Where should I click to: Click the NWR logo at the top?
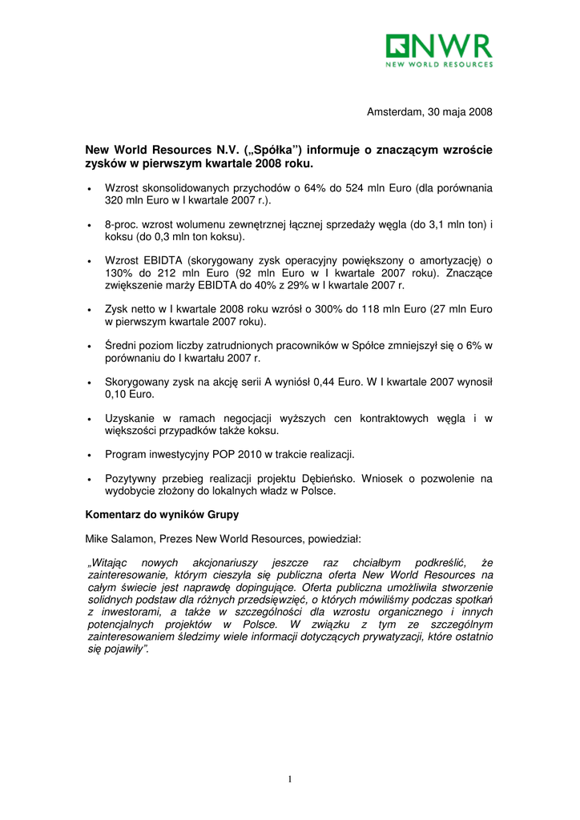click(x=439, y=50)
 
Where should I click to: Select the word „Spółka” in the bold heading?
click(x=277, y=151)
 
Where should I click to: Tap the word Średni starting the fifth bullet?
click(x=122, y=346)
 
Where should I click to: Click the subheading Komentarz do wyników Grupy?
click(x=162, y=514)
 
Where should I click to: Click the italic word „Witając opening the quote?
click(x=111, y=563)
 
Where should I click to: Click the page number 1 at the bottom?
click(x=290, y=779)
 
